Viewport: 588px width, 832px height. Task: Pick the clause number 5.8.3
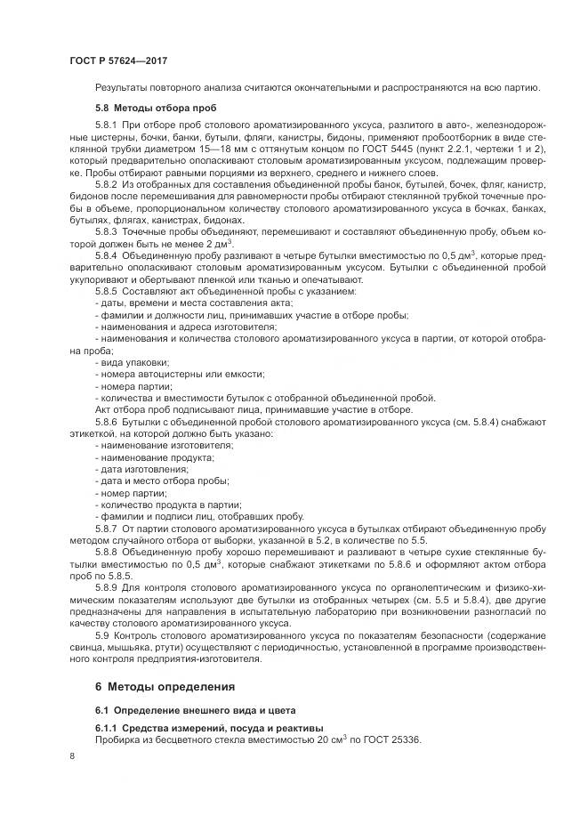pyautogui.click(x=108, y=230)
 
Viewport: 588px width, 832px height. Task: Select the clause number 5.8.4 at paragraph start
pyautogui.click(x=108, y=255)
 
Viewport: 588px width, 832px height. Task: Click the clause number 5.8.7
pyautogui.click(x=108, y=529)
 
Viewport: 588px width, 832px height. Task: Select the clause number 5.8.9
pyautogui.click(x=108, y=587)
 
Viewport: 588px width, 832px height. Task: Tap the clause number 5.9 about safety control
pyautogui.click(x=103, y=634)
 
